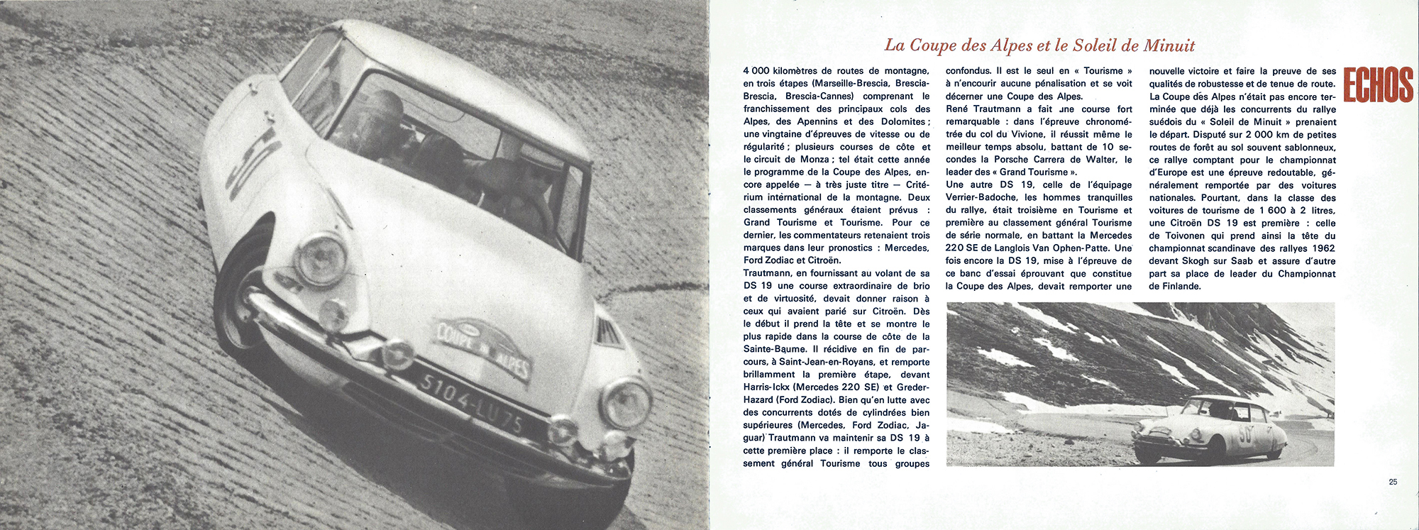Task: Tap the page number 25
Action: [1393, 482]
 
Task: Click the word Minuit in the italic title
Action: [1168, 46]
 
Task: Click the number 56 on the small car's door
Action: [1245, 435]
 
